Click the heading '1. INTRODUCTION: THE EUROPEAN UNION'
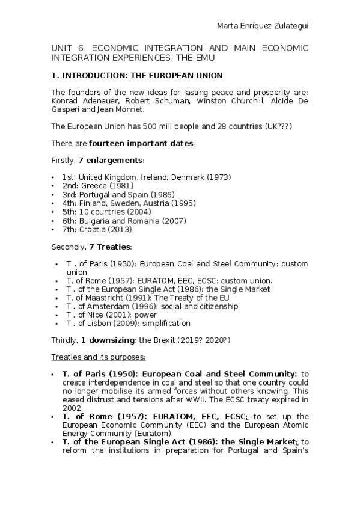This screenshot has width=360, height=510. [137, 76]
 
